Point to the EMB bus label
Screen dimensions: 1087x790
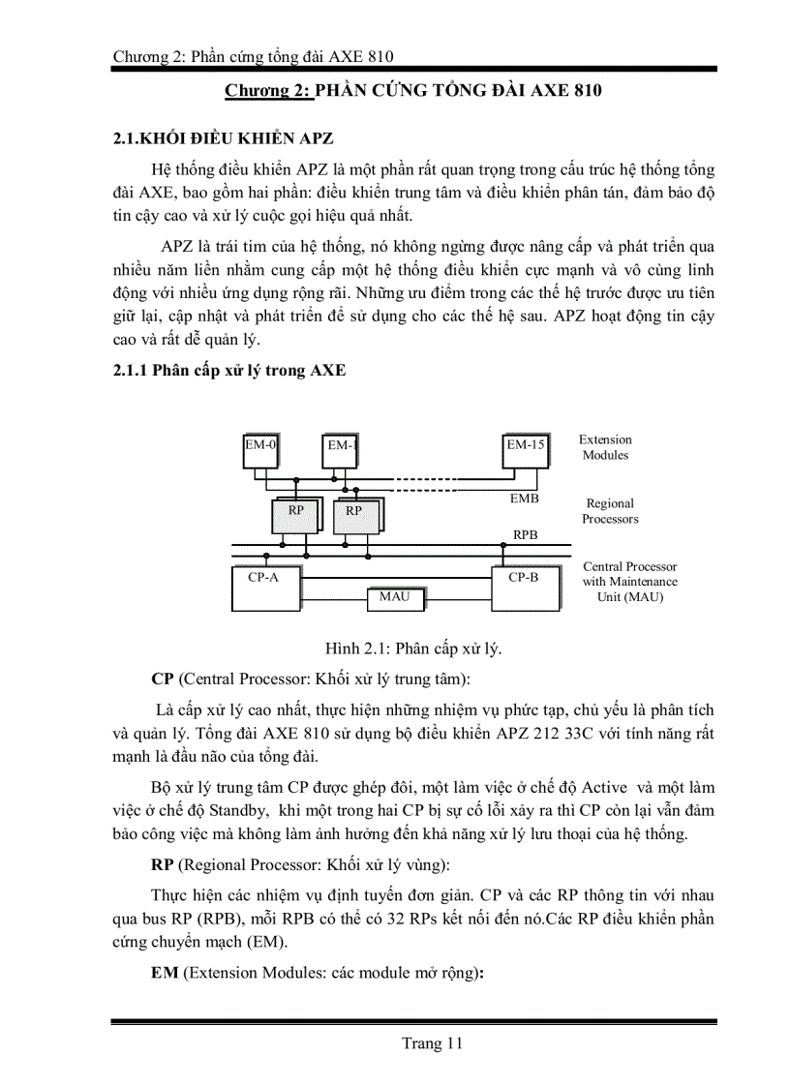pos(524,498)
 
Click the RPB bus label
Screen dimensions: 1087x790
pos(526,534)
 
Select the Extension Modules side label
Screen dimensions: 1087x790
pos(605,447)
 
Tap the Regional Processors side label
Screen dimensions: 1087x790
pos(610,511)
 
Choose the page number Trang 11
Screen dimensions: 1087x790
pos(433,1042)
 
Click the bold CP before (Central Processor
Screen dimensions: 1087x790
pos(162,677)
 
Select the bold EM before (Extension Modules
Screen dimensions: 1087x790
pos(164,975)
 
